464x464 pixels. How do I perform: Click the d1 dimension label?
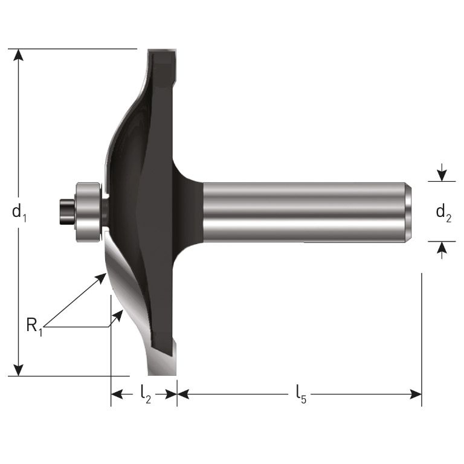point(19,213)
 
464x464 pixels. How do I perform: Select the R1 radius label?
point(34,326)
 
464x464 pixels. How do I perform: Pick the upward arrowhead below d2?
point(442,248)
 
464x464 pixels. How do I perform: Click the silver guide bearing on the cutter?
point(88,212)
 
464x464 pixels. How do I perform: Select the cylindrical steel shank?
point(302,212)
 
